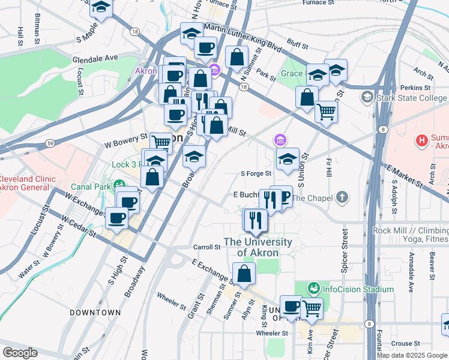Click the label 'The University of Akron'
pyautogui.click(x=258, y=247)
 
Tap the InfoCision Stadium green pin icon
pyautogui.click(x=313, y=289)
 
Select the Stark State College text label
pyautogui.click(x=411, y=98)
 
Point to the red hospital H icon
pyautogui.click(x=423, y=141)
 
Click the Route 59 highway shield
pyautogui.click(x=50, y=143)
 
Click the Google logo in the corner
pyautogui.click(x=19, y=353)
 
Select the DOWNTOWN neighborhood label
pyautogui.click(x=95, y=313)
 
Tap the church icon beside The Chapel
pyautogui.click(x=342, y=197)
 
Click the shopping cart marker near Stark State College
pyautogui.click(x=326, y=111)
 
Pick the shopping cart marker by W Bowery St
pyautogui.click(x=161, y=142)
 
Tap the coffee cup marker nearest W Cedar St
pyautogui.click(x=117, y=217)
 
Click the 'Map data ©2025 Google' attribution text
pyautogui.click(x=412, y=355)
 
